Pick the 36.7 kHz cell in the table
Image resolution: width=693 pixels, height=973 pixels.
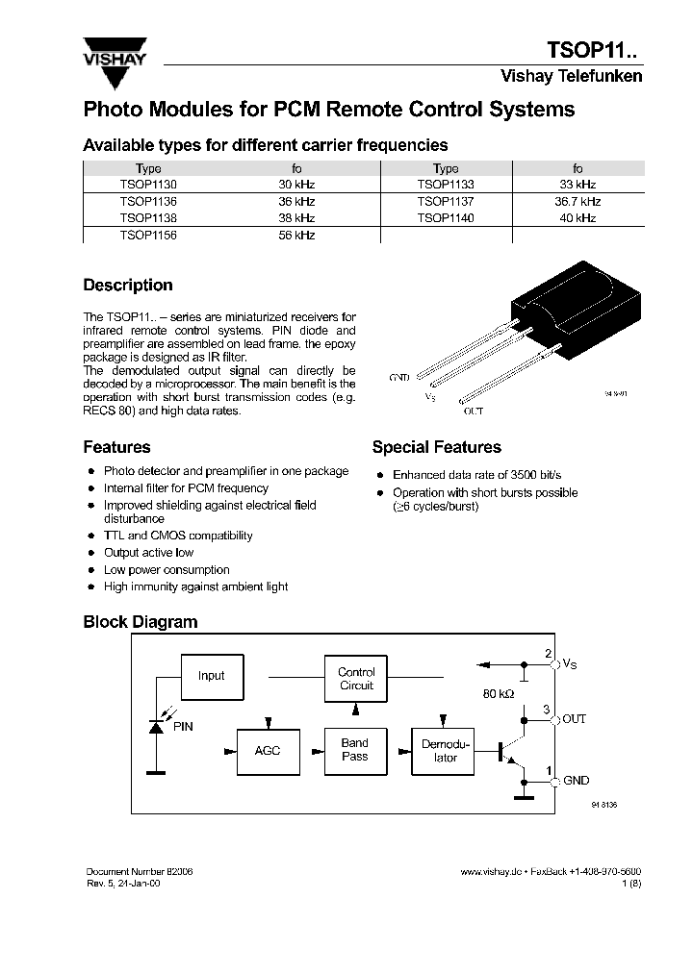577,202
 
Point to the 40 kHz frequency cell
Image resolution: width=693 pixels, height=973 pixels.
577,218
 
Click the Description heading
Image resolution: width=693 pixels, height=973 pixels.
128,286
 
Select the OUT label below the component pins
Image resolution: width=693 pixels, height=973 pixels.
474,412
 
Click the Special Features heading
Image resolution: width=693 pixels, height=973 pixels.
436,447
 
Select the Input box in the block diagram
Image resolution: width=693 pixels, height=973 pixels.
211,676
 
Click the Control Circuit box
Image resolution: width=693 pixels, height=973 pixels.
356,679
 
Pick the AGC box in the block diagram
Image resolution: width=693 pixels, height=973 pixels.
268,750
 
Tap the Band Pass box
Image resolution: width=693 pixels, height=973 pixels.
355,750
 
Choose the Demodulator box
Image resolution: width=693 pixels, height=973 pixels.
446,750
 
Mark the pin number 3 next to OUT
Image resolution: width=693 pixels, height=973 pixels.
547,710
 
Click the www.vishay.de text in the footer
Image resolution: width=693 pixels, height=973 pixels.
491,871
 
